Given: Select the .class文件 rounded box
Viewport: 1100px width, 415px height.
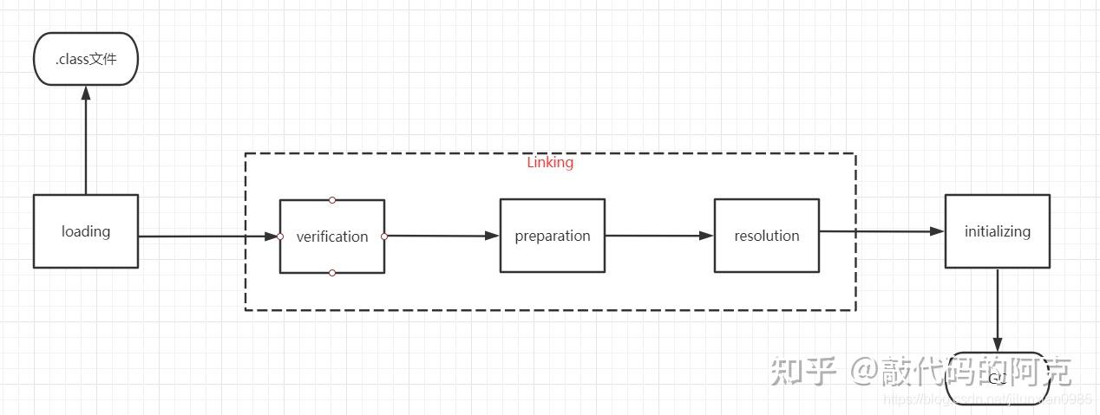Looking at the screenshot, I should click(x=85, y=59).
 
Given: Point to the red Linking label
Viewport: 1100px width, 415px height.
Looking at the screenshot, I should click(x=550, y=163).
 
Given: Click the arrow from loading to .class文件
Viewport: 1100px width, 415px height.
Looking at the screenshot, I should click(x=86, y=143).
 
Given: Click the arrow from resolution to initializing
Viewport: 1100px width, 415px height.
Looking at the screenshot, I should click(x=881, y=231).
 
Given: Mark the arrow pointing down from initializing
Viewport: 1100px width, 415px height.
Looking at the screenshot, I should click(x=998, y=308).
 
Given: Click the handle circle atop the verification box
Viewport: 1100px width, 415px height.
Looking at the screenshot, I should click(x=332, y=200).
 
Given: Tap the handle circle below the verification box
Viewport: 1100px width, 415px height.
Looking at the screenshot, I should click(x=332, y=273).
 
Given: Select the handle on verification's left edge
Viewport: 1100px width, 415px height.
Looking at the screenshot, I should click(x=280, y=237).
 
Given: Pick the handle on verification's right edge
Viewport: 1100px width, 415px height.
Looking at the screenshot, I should click(x=384, y=237).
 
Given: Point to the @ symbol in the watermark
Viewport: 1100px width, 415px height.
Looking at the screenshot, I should click(x=862, y=372).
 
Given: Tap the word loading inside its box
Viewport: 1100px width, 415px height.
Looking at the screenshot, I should click(x=86, y=231).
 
